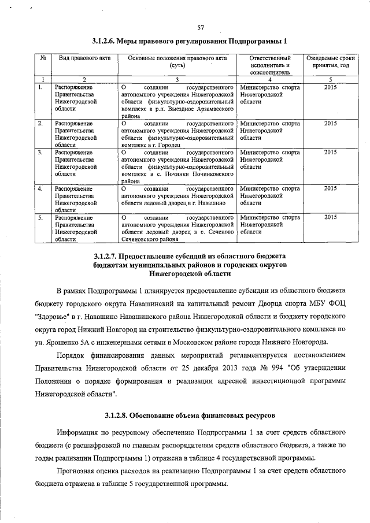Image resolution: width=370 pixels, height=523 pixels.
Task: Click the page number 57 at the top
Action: click(201, 27)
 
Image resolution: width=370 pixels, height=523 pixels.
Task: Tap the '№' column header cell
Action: click(43, 58)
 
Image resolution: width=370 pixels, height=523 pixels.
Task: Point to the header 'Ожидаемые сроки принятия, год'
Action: click(330, 62)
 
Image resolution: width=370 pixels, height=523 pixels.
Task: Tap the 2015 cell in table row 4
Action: click(330, 188)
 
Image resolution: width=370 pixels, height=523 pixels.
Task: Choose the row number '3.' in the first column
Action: click(40, 153)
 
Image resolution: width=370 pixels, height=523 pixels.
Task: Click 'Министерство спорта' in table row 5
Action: click(269, 217)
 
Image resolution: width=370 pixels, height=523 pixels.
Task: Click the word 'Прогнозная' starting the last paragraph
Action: click(77, 472)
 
